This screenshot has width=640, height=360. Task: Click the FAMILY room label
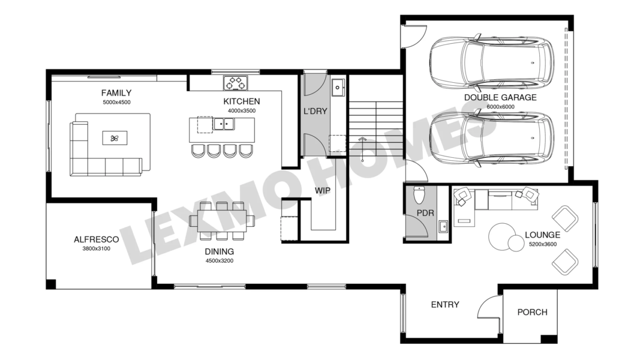pos(116,93)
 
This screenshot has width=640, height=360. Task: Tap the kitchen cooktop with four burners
pos(236,83)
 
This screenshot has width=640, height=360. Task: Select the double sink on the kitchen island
pos(223,124)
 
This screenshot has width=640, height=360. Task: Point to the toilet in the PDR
pos(419,195)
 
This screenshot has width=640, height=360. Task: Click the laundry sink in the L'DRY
pos(338,88)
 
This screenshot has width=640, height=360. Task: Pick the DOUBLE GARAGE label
pos(500,98)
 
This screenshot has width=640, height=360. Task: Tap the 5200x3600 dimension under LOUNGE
pos(542,244)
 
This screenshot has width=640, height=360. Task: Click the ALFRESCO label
pos(97,239)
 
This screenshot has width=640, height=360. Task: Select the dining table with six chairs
pos(222,221)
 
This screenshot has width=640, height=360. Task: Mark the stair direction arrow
pos(362,149)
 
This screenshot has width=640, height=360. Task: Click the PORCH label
pos(532,312)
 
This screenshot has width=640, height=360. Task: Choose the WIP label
pos(323,191)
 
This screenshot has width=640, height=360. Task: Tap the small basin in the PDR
pos(443,226)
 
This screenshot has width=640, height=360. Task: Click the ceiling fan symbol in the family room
pos(115,139)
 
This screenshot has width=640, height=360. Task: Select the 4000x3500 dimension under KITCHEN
pos(242,110)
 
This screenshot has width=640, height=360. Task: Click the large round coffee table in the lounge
pos(503,236)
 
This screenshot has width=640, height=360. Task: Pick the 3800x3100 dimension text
pos(97,248)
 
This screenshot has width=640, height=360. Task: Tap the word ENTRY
pos(445,304)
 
